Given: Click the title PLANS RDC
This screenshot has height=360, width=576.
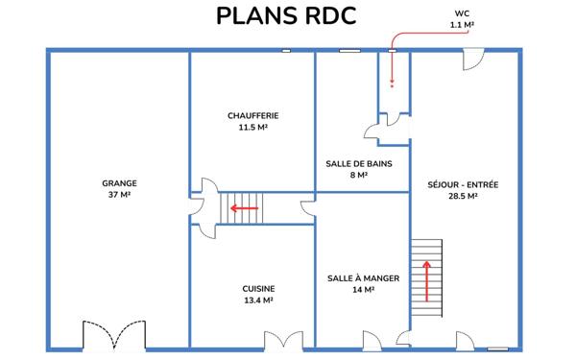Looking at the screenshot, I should [286, 16].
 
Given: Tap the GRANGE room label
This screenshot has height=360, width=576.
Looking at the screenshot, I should [120, 183].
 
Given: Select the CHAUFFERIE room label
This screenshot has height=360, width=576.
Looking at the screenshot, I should [252, 115].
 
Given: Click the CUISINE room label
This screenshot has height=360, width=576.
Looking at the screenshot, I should [258, 288].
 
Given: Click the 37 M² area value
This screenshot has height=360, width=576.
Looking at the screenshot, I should [120, 195].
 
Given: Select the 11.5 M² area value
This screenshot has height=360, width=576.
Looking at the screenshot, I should [252, 127].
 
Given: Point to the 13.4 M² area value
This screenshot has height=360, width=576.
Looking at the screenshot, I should [258, 300].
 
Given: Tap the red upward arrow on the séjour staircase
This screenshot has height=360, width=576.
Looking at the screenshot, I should [426, 284].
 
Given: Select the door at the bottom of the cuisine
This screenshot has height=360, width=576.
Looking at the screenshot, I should [279, 340].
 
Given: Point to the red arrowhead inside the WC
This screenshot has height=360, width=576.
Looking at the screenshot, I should [392, 82].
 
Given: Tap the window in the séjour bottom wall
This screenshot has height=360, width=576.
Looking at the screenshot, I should [496, 348].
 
